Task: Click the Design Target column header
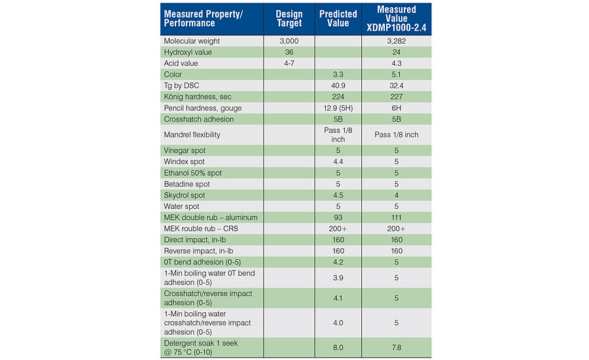pyautogui.click(x=289, y=18)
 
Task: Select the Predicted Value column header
pyautogui.click(x=338, y=18)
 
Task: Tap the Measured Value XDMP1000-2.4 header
pyautogui.click(x=396, y=18)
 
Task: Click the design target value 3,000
pyautogui.click(x=289, y=41)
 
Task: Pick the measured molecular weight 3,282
pyautogui.click(x=396, y=41)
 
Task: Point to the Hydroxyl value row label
pyautogui.click(x=188, y=52)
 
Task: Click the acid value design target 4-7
pyautogui.click(x=289, y=63)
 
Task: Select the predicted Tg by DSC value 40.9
pyautogui.click(x=338, y=86)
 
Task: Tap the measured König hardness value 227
pyautogui.click(x=396, y=97)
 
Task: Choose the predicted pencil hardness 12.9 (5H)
pyautogui.click(x=338, y=108)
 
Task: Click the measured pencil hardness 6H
pyautogui.click(x=396, y=108)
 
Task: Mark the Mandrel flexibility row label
pyautogui.click(x=192, y=135)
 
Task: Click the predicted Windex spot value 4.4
pyautogui.click(x=338, y=162)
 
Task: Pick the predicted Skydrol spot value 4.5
pyautogui.click(x=338, y=195)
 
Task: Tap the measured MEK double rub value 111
pyautogui.click(x=396, y=217)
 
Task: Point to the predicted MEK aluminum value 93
pyautogui.click(x=338, y=217)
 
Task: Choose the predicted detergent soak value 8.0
pyautogui.click(x=338, y=348)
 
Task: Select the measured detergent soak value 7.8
pyautogui.click(x=396, y=348)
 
